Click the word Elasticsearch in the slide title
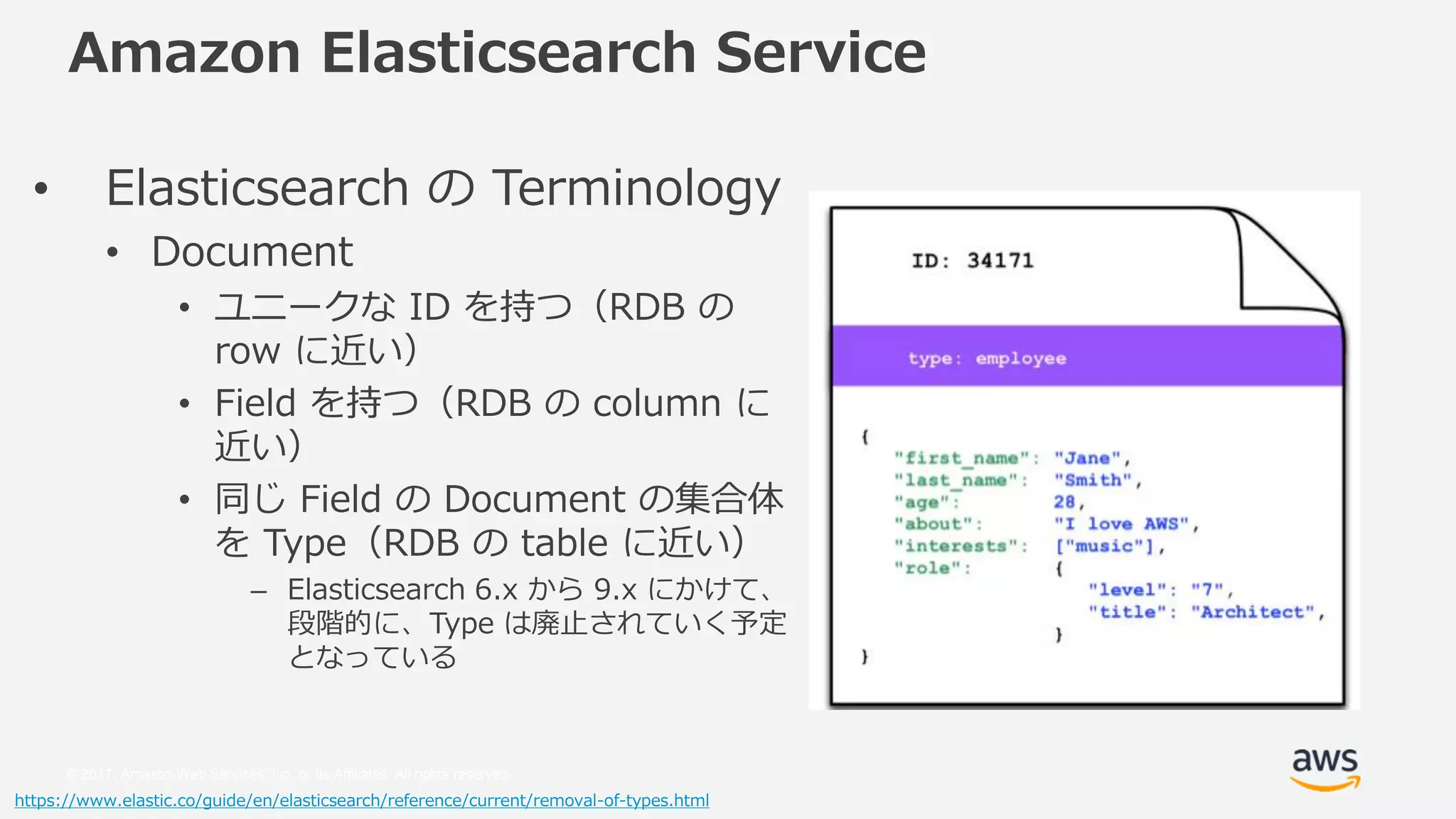point(508,53)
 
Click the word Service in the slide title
point(820,53)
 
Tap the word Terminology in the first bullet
point(636,188)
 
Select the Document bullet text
point(252,252)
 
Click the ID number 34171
point(1000,261)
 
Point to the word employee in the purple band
point(1020,358)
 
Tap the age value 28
point(1064,502)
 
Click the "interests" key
point(960,546)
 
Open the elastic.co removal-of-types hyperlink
point(361,801)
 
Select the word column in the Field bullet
point(657,403)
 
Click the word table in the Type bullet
point(564,543)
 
